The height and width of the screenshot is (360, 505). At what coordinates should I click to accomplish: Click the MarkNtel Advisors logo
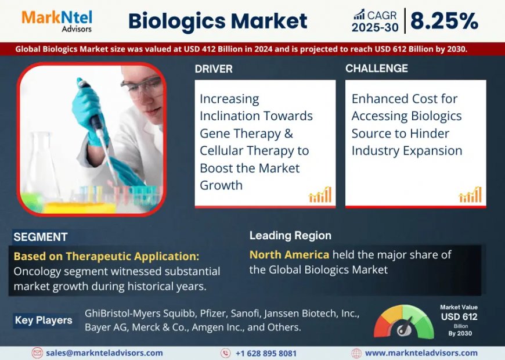point(56,20)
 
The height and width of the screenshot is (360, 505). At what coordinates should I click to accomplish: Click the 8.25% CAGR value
point(444,21)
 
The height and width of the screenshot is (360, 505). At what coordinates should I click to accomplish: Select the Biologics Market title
point(218,21)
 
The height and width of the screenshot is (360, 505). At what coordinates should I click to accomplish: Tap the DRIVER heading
point(214,69)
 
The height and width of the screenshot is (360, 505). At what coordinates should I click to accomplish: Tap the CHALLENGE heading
point(376,69)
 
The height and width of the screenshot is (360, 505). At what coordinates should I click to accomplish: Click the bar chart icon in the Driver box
point(320,195)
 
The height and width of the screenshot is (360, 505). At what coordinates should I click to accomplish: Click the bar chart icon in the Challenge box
point(470,195)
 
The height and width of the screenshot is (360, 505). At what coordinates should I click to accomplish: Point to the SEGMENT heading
point(41,237)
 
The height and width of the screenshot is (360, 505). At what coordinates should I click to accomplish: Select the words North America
point(289,254)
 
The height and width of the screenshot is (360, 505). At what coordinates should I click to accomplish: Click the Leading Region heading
point(290,235)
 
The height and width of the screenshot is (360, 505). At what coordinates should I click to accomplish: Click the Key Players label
point(44,320)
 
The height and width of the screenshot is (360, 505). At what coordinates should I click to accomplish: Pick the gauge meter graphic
point(403,322)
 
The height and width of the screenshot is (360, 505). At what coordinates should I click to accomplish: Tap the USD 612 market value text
point(459,316)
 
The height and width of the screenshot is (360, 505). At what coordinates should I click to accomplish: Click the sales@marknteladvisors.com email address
point(104,353)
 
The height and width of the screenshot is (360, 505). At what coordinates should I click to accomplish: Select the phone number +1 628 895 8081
point(266,353)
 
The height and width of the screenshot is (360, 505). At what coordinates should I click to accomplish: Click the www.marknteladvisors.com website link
point(421,353)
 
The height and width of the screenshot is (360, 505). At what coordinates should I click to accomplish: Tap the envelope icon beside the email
point(37,353)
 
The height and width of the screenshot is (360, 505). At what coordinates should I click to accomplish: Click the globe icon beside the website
point(356,353)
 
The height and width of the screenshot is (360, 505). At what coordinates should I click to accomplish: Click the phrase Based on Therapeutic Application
point(106,256)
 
